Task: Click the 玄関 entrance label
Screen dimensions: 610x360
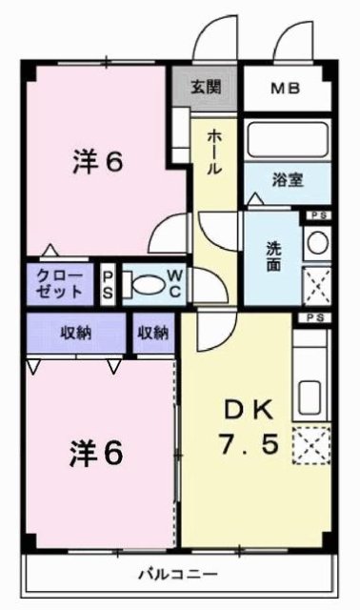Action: click(x=205, y=88)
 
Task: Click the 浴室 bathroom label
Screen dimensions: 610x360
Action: click(x=289, y=179)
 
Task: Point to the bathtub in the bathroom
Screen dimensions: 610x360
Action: click(x=287, y=140)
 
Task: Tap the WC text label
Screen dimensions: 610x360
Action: click(x=175, y=283)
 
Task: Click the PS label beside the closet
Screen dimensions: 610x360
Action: click(x=108, y=284)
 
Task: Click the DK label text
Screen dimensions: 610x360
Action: click(x=249, y=411)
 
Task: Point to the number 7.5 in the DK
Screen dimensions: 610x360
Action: click(x=249, y=444)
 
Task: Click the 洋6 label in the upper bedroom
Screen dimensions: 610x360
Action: click(x=96, y=162)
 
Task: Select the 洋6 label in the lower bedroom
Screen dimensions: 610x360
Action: click(x=96, y=454)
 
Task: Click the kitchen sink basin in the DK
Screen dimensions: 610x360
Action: click(x=311, y=395)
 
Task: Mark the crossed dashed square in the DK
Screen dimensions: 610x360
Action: click(x=311, y=445)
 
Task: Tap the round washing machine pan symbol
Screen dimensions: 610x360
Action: click(x=316, y=245)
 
